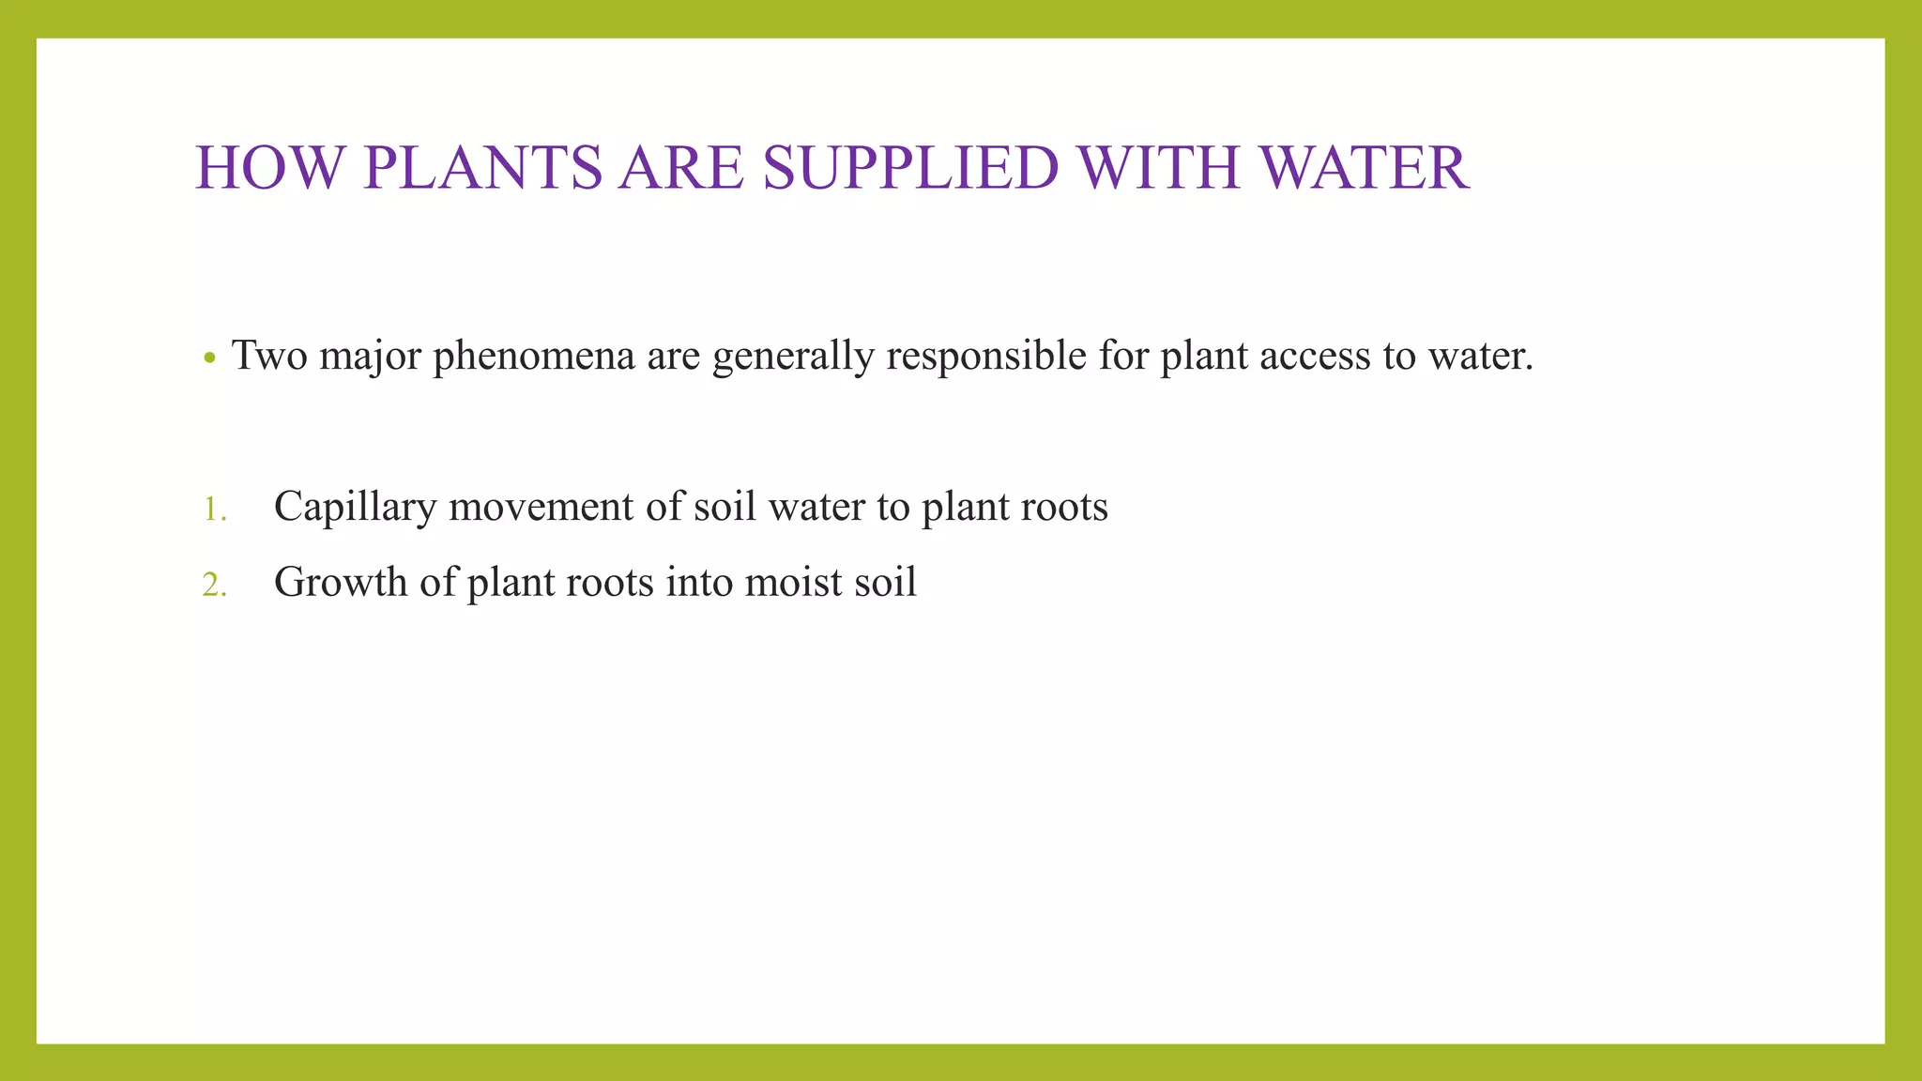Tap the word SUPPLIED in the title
tap(911, 169)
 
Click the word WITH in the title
tap(1159, 169)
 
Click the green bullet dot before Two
tap(210, 358)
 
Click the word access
tap(1315, 357)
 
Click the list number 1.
tap(214, 510)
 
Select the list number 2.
tap(214, 586)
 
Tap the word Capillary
tap(356, 508)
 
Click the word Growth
tap(341, 583)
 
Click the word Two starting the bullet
tap(269, 357)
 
